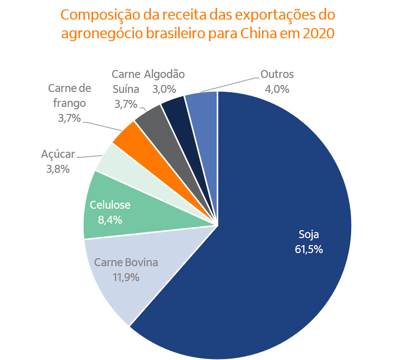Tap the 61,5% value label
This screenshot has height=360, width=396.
point(309,249)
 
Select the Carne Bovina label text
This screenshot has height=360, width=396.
point(126,262)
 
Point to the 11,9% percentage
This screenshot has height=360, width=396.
point(126,277)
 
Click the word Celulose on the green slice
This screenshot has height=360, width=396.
point(110,205)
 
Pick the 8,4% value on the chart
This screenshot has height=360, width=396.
point(110,219)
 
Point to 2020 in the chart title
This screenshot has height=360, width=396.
point(319,34)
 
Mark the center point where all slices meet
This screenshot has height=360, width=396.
point(217,226)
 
